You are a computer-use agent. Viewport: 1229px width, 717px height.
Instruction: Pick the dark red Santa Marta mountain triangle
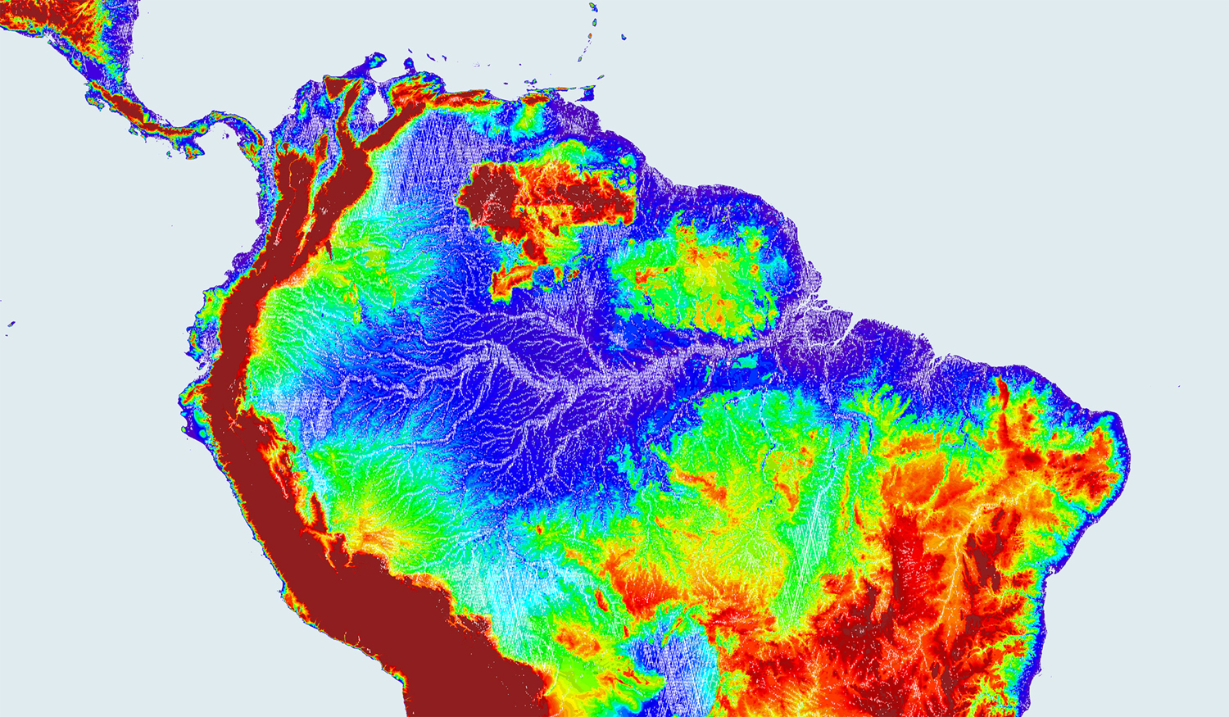point(334,85)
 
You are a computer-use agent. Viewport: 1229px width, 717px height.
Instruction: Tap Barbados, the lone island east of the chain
point(625,38)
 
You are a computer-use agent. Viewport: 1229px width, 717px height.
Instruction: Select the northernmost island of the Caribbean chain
point(592,7)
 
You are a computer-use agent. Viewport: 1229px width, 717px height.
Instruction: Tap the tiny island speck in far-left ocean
point(11,324)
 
